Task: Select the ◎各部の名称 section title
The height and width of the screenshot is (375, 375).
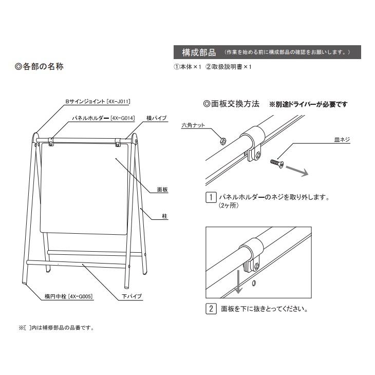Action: coord(40,67)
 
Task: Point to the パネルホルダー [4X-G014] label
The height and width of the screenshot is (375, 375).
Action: coord(103,118)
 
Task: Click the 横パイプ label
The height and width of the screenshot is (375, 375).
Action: coord(156,118)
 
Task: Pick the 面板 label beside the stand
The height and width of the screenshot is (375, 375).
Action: coord(162,190)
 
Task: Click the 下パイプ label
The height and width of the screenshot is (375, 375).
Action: coord(132,296)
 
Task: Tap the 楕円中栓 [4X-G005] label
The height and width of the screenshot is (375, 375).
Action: coord(68,296)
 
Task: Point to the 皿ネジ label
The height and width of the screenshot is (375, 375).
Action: coord(342,139)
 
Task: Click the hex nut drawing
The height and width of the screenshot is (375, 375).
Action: coord(222,139)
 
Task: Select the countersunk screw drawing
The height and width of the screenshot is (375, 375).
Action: coord(275,163)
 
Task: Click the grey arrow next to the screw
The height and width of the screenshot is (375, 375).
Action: coord(296,171)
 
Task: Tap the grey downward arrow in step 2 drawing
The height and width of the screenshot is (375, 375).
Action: coord(238,282)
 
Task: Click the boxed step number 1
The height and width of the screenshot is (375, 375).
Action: coord(210,197)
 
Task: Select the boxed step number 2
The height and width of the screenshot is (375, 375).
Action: coord(210,309)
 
